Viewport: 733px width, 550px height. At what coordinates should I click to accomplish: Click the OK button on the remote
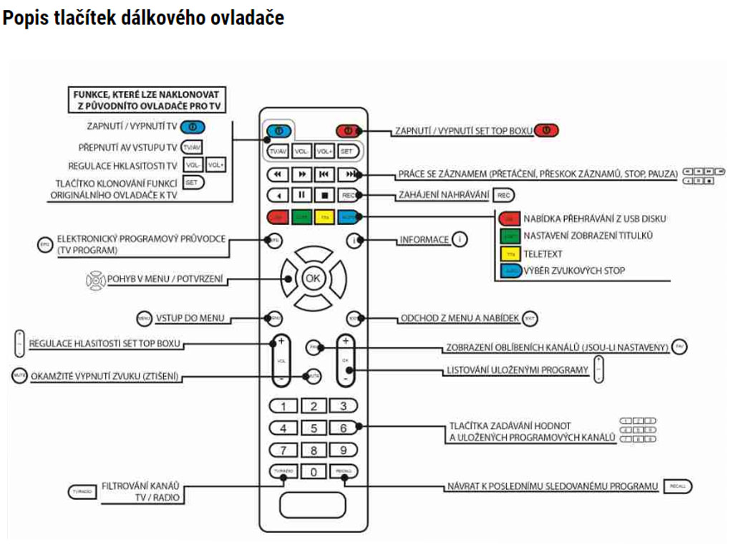pos(313,278)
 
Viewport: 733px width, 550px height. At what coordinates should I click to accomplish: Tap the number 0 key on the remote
pos(313,471)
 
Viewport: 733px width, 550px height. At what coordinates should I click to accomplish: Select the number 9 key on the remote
pos(343,450)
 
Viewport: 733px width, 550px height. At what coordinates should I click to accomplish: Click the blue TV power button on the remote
pos(279,131)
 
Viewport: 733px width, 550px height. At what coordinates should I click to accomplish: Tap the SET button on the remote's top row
pos(347,152)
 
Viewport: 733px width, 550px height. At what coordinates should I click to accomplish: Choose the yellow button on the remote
pos(324,216)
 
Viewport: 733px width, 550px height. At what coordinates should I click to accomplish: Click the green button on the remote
pos(301,216)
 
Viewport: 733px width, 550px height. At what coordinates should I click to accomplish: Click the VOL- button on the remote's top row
pos(301,152)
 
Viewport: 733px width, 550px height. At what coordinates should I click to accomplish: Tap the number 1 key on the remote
pos(283,407)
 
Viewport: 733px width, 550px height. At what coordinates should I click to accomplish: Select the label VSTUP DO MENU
pos(192,317)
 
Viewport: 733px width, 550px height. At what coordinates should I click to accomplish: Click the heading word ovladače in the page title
pos(247,18)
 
